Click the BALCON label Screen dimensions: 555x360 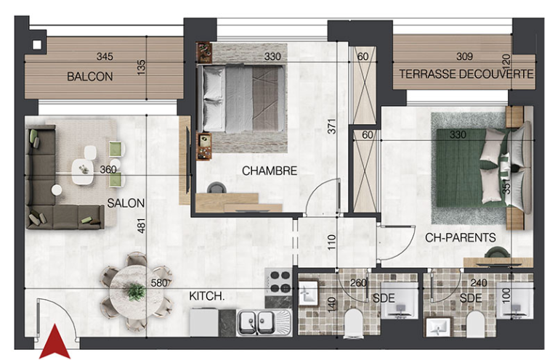click(90, 76)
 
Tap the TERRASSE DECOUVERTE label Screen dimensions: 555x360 click(466, 74)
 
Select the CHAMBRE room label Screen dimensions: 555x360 click(270, 171)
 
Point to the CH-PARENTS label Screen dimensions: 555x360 click(460, 237)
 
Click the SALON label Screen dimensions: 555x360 click(126, 203)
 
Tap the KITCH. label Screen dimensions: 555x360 click(207, 296)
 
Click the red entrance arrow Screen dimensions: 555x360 click(54, 342)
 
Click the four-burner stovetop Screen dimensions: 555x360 click(278, 282)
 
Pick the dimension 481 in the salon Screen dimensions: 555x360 click(141, 226)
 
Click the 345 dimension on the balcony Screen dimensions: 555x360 click(105, 56)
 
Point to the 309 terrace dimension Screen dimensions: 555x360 click(464, 56)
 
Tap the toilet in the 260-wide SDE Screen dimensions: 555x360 click(353, 322)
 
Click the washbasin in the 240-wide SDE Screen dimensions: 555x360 click(439, 327)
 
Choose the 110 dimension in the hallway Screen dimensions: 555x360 click(332, 242)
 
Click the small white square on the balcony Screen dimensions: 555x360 click(37, 45)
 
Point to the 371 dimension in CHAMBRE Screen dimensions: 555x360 click(332, 126)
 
